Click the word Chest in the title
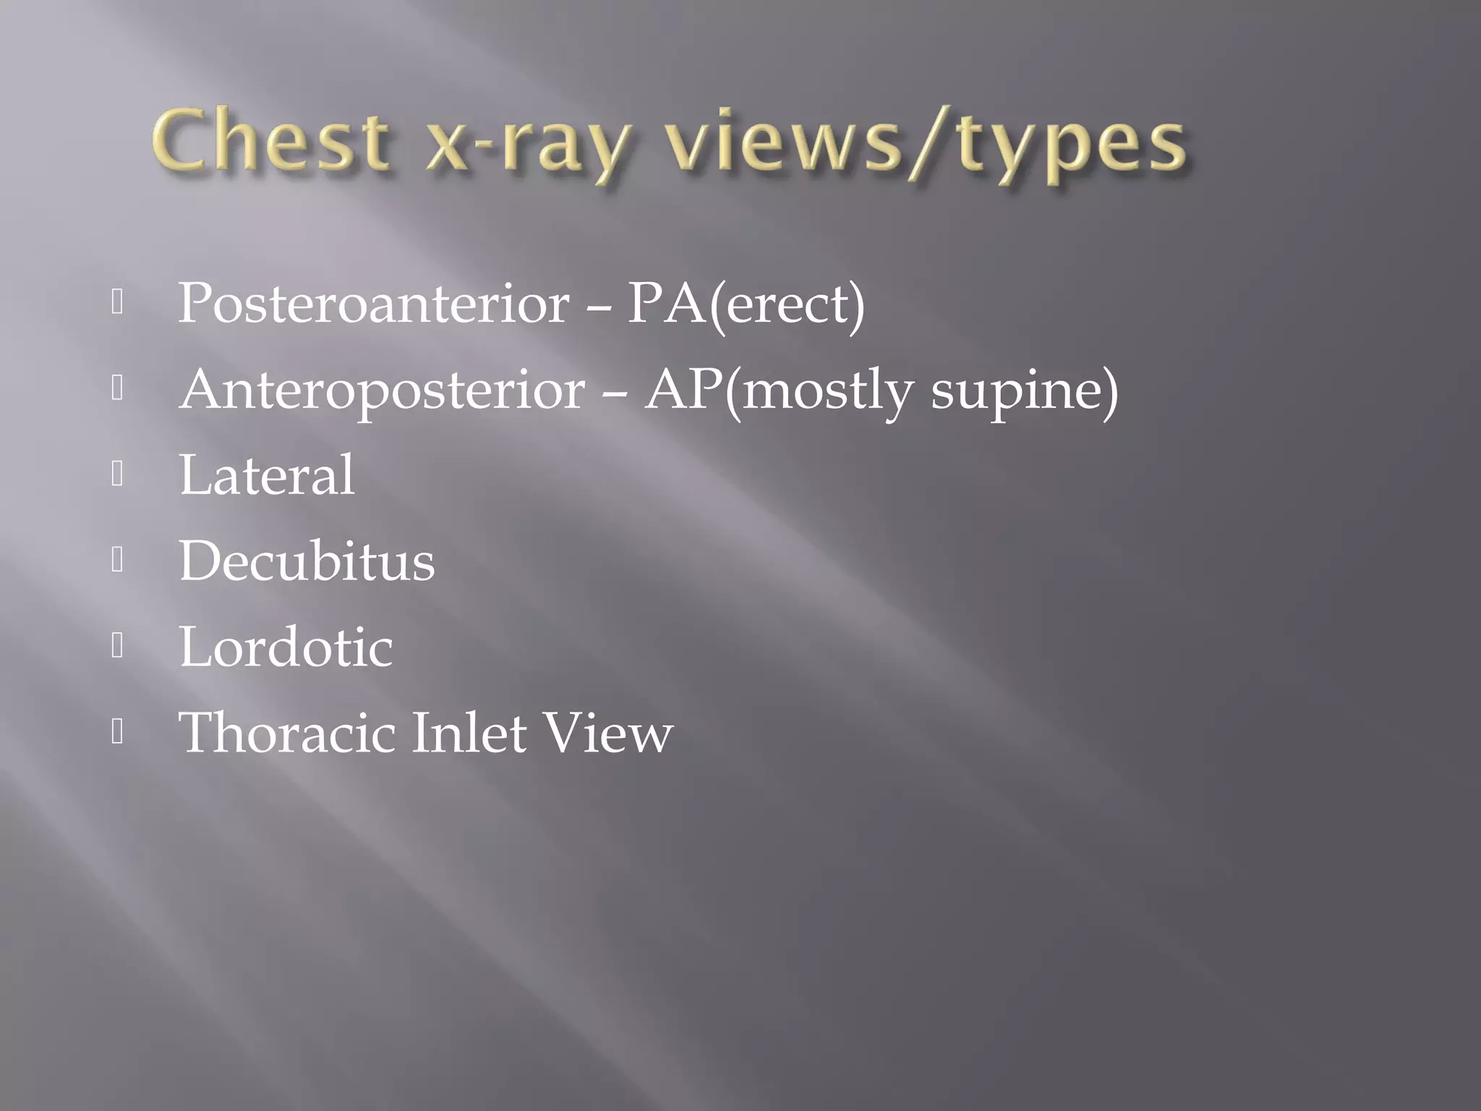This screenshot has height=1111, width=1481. click(269, 140)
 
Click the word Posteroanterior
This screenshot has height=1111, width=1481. click(373, 304)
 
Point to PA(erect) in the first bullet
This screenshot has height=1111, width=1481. click(746, 304)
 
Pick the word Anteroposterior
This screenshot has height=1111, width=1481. click(382, 390)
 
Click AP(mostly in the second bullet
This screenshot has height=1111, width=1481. click(778, 390)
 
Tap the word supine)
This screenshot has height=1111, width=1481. click(1024, 391)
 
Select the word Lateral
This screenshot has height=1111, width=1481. click(267, 475)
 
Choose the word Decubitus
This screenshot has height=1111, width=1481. click(307, 561)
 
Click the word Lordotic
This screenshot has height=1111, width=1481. click(286, 647)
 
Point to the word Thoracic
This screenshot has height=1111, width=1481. click(286, 733)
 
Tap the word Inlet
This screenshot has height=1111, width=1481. click(469, 733)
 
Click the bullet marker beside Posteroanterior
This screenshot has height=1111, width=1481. click(118, 303)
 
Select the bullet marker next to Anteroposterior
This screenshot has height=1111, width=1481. click(118, 389)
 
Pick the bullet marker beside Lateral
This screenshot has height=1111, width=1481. click(118, 474)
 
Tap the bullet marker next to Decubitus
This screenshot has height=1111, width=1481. click(118, 561)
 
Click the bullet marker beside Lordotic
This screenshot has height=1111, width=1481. click(118, 646)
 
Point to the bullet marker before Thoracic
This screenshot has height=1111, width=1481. click(118, 732)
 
